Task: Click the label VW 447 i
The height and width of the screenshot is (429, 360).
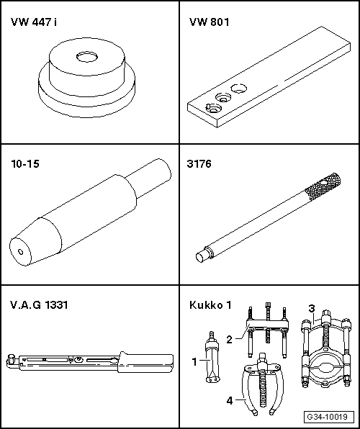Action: tap(34, 22)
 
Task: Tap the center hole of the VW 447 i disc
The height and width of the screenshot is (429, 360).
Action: tap(87, 57)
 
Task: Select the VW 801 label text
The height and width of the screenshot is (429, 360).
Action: tap(210, 22)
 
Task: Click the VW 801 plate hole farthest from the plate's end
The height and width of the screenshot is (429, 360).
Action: tap(239, 89)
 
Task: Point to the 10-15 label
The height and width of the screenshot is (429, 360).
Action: tap(25, 163)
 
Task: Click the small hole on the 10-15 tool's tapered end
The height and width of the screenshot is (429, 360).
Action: tap(20, 251)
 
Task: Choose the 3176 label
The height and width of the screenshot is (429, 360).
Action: tap(199, 163)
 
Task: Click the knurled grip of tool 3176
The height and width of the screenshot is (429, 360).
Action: tap(324, 186)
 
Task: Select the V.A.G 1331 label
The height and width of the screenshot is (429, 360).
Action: tap(39, 304)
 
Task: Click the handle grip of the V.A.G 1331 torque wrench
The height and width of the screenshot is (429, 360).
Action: tap(145, 362)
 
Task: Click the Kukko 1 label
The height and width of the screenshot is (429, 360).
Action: tap(210, 304)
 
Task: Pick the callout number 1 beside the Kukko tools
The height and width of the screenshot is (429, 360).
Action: tap(194, 361)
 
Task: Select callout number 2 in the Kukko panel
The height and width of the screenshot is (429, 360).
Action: tap(230, 340)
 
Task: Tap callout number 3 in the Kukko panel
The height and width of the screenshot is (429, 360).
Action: tap(312, 309)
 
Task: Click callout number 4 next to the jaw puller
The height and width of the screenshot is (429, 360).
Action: tap(230, 401)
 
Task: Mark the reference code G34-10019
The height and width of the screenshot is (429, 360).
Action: tap(327, 417)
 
